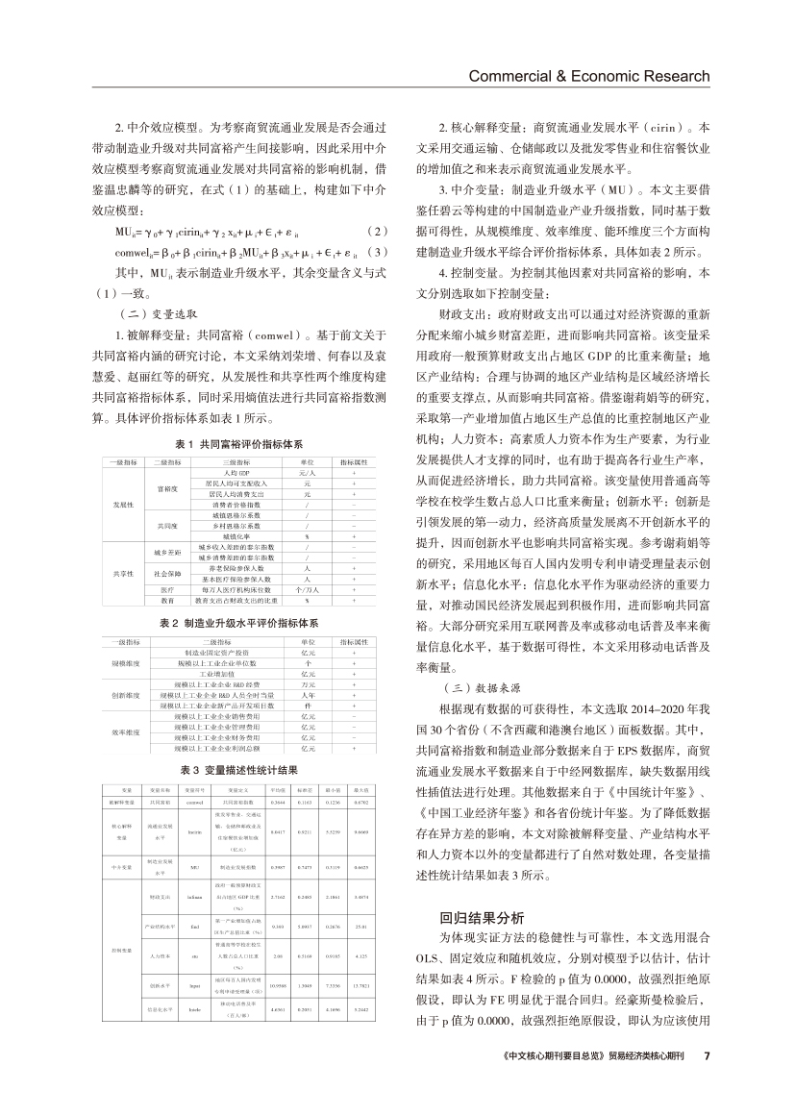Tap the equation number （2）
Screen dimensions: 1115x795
(x=380, y=259)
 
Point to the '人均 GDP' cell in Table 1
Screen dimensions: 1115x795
(x=223, y=474)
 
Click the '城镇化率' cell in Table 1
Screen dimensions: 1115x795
(x=223, y=536)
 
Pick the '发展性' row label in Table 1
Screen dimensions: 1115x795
(x=123, y=505)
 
